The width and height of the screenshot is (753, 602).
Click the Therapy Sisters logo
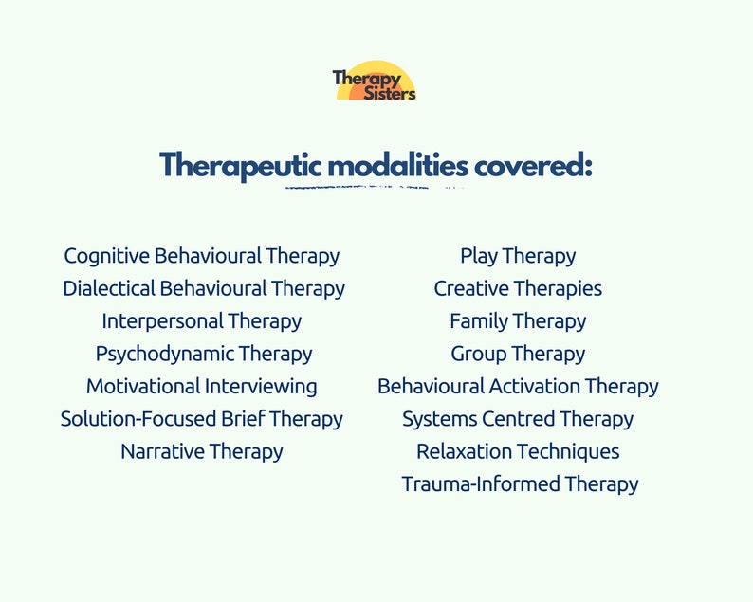point(375,83)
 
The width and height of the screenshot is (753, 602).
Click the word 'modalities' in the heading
point(398,165)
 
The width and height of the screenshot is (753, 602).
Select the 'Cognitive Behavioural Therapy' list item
point(201,256)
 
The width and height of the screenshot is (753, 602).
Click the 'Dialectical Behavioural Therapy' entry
point(204,288)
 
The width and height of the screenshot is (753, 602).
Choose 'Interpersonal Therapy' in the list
point(202,321)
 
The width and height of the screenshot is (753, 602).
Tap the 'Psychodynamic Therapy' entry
point(204,354)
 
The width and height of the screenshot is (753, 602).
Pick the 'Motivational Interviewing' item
point(202,386)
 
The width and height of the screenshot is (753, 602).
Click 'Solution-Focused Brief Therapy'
point(202,419)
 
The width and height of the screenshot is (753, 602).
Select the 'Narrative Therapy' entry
point(202,451)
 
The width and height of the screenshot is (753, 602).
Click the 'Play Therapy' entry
point(518,256)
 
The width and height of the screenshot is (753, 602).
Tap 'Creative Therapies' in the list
point(518,288)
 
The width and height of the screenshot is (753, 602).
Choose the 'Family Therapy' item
point(518,321)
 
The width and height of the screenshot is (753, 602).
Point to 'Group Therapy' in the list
point(518,354)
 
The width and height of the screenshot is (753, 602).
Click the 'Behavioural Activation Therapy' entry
point(518,386)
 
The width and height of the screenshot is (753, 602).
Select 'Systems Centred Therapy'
point(518,419)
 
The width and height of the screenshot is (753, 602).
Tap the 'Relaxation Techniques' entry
point(518,451)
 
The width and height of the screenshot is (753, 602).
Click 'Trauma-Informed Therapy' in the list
point(520,483)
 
